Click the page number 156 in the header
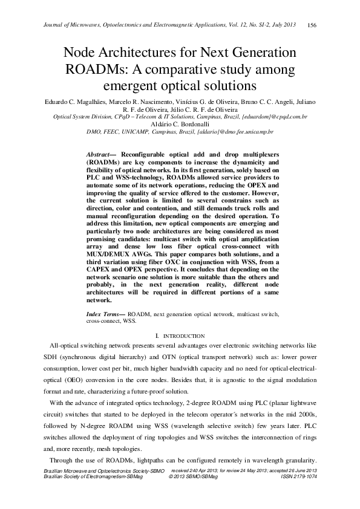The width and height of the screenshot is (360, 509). tap(312, 25)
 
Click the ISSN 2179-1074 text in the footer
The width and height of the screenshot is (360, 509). tap(299, 476)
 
